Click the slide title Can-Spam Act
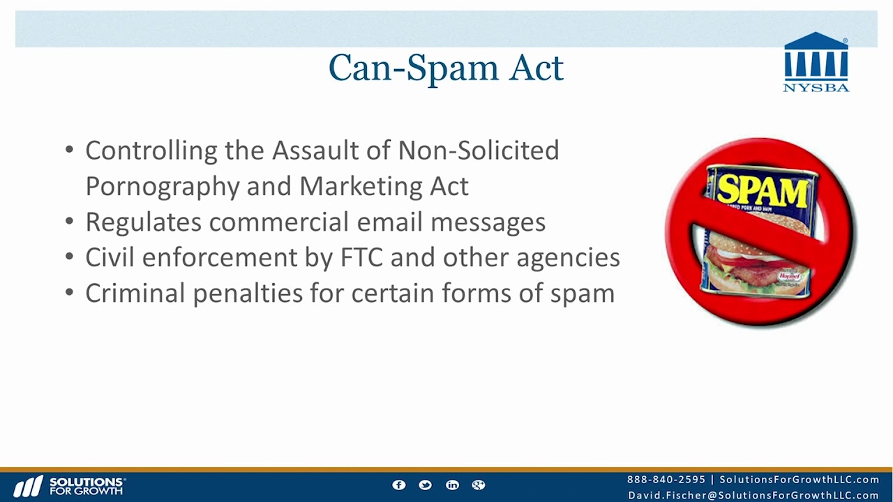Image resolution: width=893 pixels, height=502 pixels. (x=446, y=68)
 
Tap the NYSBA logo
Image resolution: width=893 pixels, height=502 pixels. (x=816, y=63)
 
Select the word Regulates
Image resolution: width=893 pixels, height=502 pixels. (x=143, y=222)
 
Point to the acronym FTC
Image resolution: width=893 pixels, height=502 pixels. (x=361, y=257)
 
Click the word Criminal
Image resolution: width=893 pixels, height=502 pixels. (x=135, y=293)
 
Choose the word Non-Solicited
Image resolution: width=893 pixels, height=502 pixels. (x=478, y=151)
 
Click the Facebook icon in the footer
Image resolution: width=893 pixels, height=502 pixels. (x=399, y=485)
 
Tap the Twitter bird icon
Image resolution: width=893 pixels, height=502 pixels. (x=426, y=485)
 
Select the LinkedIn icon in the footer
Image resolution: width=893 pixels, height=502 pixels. (x=452, y=485)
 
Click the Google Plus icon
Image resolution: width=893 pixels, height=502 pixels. (x=479, y=485)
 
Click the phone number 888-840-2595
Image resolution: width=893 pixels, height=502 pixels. (x=666, y=480)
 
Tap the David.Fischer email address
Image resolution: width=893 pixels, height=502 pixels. (x=753, y=495)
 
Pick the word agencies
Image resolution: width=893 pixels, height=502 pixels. (x=568, y=257)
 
